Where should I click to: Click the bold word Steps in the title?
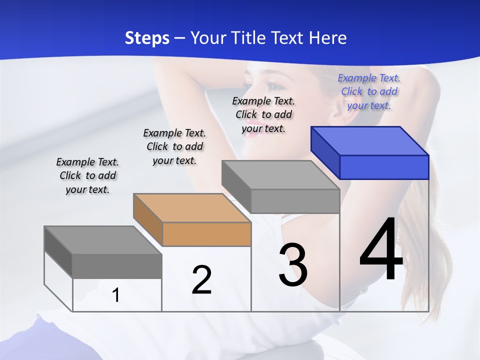[147, 38]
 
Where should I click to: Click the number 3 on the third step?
[293, 265]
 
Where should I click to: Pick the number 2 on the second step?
[201, 280]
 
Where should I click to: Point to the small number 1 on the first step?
[116, 295]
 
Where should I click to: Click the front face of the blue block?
[384, 167]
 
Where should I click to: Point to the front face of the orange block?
[206, 234]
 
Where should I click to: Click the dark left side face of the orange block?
[148, 219]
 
